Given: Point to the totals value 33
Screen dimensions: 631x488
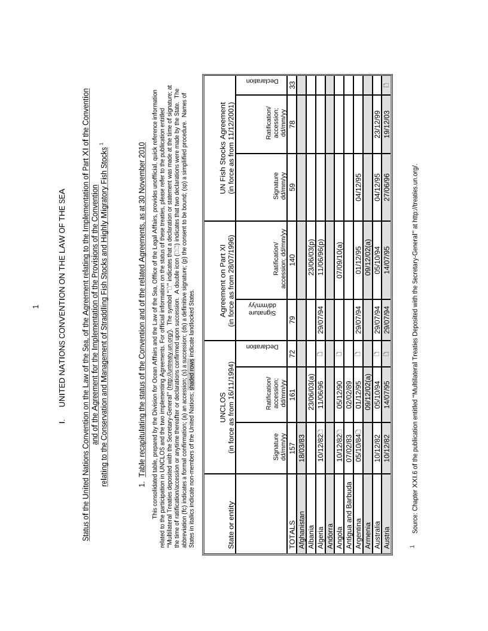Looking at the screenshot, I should (292, 85).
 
